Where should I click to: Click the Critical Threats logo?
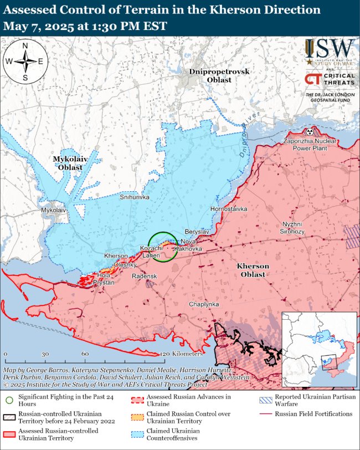[x=329, y=79]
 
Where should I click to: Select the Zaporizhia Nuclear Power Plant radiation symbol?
[x=310, y=132]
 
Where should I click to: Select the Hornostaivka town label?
[x=229, y=208]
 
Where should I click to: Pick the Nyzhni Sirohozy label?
[x=301, y=227]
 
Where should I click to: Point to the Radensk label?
[x=144, y=276]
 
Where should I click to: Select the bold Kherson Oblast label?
[x=253, y=270]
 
